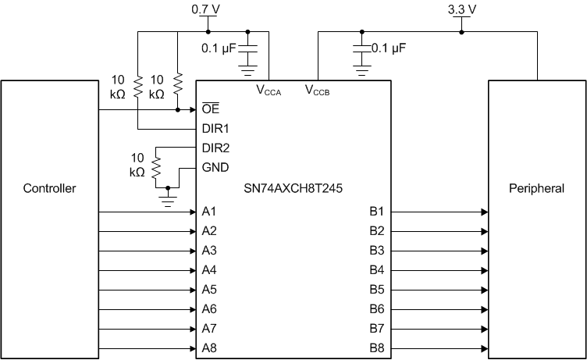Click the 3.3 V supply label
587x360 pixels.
coord(461,9)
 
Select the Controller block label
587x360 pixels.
coord(49,188)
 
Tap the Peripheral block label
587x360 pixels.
coord(536,188)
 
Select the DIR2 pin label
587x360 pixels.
coord(214,148)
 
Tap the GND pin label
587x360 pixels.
coord(214,167)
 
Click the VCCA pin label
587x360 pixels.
coord(269,90)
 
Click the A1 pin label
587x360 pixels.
coord(208,212)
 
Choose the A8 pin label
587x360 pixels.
coord(208,348)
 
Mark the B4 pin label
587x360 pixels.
coord(376,270)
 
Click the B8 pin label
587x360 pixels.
coord(376,348)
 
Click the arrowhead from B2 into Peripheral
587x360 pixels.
coord(484,231)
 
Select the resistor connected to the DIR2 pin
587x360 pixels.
coord(156,166)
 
